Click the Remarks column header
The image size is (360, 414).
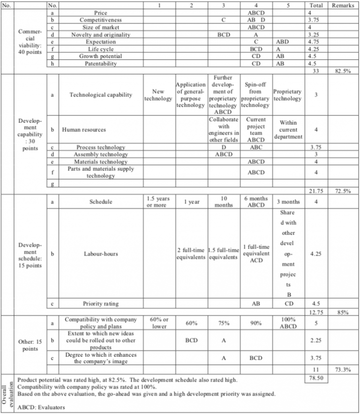[342, 5]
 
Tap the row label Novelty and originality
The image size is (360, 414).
[101, 35]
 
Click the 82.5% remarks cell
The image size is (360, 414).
[342, 71]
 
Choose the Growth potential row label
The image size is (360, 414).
[101, 56]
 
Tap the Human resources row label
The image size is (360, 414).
[84, 130]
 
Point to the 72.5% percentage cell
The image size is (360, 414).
[342, 190]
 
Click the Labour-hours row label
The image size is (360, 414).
[101, 254]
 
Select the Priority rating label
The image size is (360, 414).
[101, 303]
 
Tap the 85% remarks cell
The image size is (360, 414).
[342, 311]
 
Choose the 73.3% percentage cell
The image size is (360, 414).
[342, 370]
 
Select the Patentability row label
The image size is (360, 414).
[101, 64]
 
